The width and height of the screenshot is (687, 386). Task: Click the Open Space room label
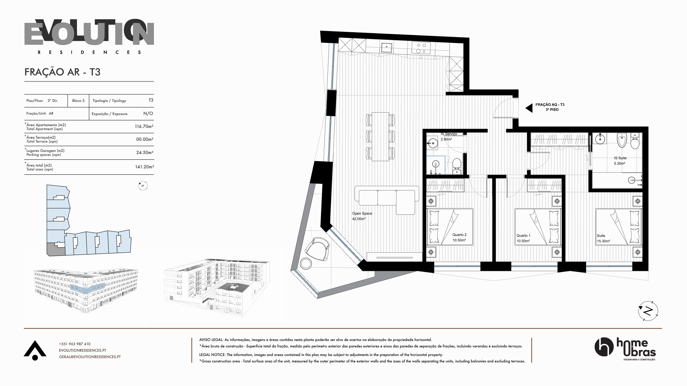[362, 216]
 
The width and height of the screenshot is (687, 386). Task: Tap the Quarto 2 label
[459, 238]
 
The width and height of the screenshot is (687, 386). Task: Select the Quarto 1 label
[523, 238]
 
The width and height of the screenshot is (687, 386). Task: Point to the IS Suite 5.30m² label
[620, 161]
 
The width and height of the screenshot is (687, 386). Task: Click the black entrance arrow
[528, 108]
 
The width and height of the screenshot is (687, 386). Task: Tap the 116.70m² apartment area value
[144, 127]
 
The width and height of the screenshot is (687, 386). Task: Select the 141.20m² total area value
[144, 167]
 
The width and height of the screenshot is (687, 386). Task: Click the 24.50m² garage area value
[145, 152]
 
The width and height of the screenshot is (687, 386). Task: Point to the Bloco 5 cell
[78, 101]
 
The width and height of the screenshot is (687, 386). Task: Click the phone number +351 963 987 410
[75, 344]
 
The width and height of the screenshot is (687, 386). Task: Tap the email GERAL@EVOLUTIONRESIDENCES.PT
[90, 357]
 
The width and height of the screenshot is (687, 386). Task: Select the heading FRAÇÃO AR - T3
[62, 72]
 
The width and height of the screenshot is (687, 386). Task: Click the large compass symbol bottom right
[648, 311]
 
